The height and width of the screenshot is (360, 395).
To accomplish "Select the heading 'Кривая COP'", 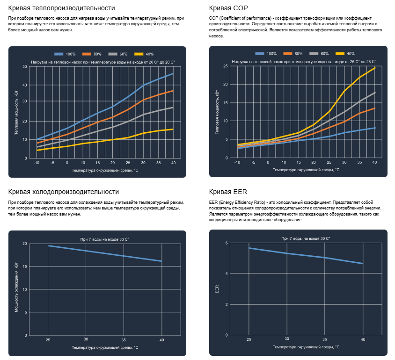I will pyautogui.click(x=228, y=8).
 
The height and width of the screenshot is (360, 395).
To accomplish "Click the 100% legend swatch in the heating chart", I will pyautogui.click(x=59, y=54).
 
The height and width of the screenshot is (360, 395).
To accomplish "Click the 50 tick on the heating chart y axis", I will pyautogui.click(x=24, y=66).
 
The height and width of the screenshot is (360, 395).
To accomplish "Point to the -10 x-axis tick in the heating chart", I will pyautogui.click(x=37, y=163).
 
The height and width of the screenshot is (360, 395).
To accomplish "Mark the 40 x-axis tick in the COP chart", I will pyautogui.click(x=374, y=162).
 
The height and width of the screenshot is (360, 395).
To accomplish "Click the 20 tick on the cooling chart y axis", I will pyautogui.click(x=24, y=244).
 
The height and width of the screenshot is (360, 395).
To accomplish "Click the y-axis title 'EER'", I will pyautogui.click(x=217, y=289).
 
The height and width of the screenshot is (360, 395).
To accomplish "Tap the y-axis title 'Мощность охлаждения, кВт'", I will pyautogui.click(x=16, y=287).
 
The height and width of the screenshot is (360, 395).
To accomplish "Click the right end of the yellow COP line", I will pyautogui.click(x=375, y=68).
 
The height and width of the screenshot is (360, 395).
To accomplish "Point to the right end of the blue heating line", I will pyautogui.click(x=173, y=73).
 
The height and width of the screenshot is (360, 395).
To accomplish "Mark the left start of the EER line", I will pyautogui.click(x=249, y=248).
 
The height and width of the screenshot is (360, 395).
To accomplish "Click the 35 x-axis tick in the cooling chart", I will pyautogui.click(x=124, y=339).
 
